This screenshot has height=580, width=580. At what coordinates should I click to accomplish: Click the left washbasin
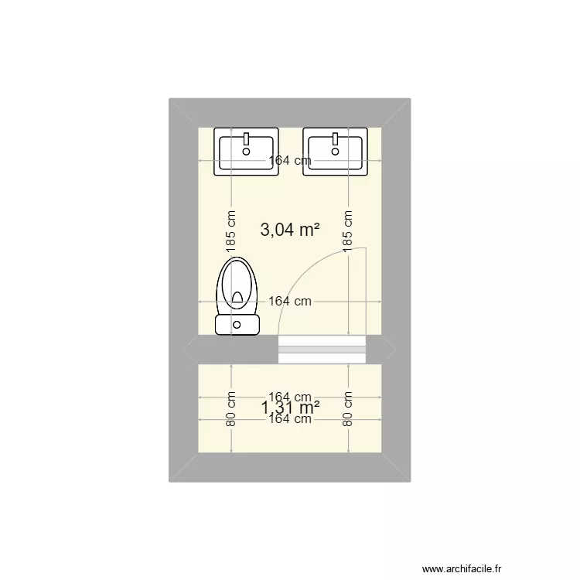(247, 152)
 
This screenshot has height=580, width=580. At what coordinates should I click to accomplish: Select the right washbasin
(336, 152)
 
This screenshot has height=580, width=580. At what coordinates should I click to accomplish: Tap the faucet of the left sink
(247, 138)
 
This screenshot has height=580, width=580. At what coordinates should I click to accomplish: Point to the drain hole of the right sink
(336, 152)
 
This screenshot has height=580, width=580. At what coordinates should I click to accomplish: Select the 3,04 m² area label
(290, 229)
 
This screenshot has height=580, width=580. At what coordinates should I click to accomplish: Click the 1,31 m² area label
(290, 407)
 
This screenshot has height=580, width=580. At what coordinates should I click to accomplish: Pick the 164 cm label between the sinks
(290, 161)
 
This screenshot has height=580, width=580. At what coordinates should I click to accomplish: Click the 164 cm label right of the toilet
(290, 302)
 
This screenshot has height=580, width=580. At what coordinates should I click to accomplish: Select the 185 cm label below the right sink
(348, 230)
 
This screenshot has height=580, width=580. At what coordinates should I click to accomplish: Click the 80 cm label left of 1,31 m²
(230, 408)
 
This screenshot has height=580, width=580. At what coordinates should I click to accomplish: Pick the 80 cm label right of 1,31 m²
(348, 408)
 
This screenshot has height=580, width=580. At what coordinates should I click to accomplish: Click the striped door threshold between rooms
(321, 350)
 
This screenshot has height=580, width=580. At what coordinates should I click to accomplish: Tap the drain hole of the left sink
(247, 152)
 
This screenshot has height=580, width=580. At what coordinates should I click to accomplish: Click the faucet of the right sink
(336, 138)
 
